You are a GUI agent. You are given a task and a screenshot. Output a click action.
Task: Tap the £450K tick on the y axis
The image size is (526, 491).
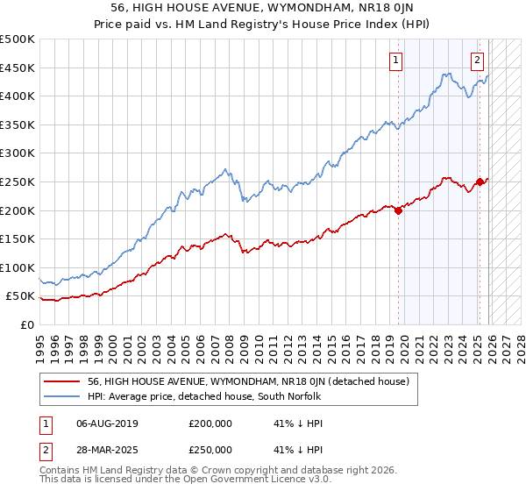point(18,68)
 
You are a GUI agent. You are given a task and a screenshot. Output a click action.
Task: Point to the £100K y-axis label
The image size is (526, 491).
point(18,267)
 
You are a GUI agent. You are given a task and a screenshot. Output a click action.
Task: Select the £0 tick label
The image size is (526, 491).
point(26,324)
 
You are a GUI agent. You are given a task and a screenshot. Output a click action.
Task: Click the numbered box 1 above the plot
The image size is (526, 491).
point(396,60)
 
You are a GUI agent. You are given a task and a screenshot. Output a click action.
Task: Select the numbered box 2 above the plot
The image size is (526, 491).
point(477,60)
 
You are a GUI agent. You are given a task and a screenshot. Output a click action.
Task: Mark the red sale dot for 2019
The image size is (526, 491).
point(398,210)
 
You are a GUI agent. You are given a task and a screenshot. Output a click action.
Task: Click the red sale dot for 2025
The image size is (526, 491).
point(480,182)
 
